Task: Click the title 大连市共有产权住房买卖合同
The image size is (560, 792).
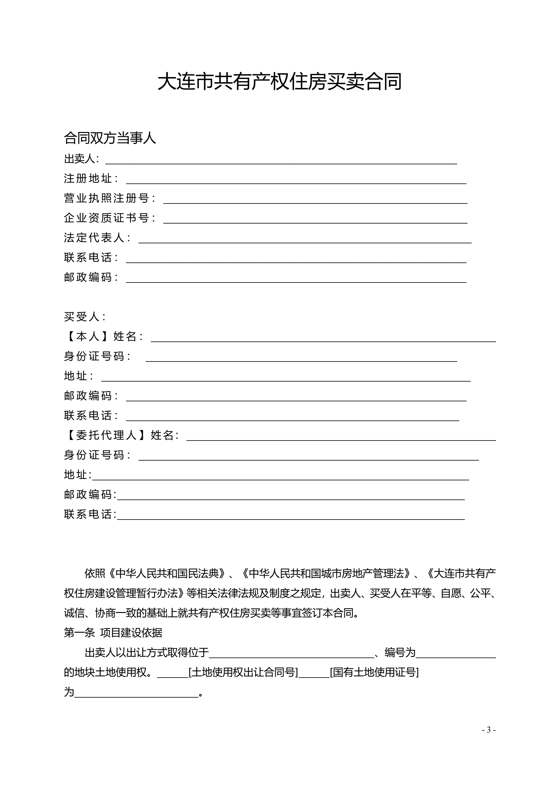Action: pos(280,82)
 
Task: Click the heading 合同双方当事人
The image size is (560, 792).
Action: pos(110,138)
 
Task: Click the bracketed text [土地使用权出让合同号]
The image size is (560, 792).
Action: pos(243,672)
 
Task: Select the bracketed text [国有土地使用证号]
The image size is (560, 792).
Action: pos(374,672)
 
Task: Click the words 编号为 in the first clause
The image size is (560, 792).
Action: pos(400,652)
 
